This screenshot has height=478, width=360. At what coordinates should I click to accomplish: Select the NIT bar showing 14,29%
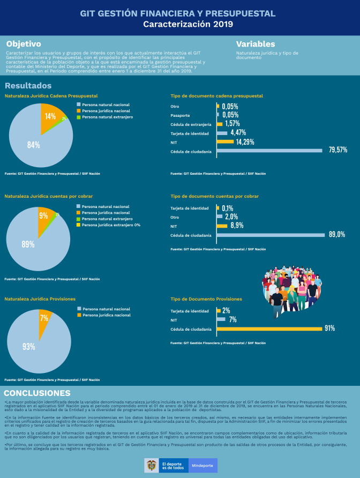point(226,142)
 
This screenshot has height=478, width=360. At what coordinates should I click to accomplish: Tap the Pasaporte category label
point(180,115)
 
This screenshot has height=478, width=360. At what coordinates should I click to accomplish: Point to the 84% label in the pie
point(34,145)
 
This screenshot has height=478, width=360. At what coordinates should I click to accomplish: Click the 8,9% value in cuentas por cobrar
point(237,226)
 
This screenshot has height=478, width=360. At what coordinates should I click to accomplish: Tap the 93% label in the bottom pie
point(29,347)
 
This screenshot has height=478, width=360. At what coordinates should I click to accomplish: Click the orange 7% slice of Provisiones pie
point(45,318)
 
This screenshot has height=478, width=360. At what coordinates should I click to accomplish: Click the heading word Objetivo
point(24,44)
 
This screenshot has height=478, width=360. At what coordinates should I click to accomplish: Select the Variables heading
point(256,44)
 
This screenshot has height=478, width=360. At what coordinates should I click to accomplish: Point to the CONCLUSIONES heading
point(37,393)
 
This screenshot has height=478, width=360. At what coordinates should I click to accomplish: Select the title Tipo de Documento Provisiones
point(206,299)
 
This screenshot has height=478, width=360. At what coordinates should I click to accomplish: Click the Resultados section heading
point(28,86)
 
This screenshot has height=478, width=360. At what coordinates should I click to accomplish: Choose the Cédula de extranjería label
point(191,124)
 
